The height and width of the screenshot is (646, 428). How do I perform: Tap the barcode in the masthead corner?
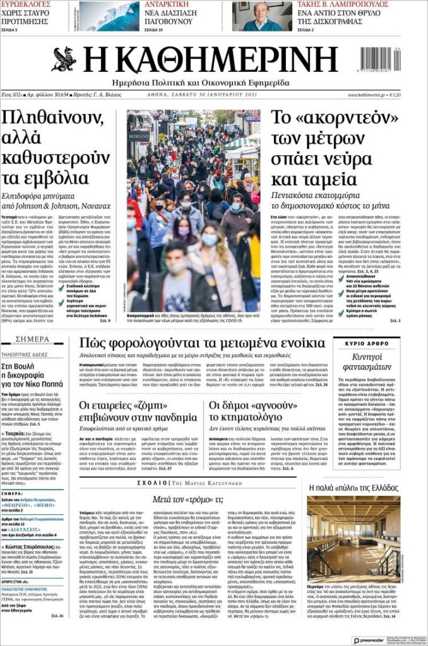point(379,60)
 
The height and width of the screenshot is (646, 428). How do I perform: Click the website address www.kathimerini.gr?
point(367,95)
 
